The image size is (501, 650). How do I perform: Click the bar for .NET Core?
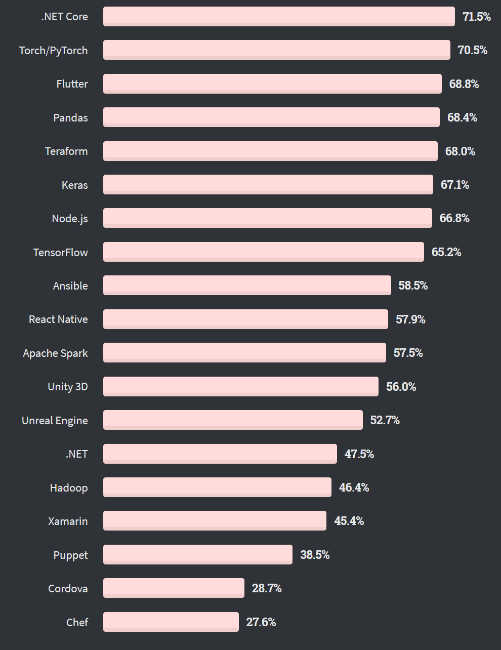point(279,16)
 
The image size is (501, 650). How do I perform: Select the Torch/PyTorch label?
point(54,51)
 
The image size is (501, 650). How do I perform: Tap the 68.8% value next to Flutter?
point(464,84)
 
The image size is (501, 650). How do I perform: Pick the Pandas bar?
point(271,117)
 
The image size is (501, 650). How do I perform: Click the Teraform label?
point(66,151)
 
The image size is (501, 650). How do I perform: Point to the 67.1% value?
point(455,185)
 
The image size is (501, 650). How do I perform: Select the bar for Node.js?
point(268,218)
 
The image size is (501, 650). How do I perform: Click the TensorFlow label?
point(61,252)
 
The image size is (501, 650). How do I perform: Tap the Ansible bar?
point(247,286)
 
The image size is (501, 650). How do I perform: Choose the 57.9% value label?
point(410,319)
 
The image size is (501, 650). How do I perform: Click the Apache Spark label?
point(56,353)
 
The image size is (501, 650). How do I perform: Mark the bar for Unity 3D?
point(241,387)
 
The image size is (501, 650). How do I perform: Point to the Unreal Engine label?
point(55,421)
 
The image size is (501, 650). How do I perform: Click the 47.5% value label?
point(359,454)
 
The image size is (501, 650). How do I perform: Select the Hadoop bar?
point(217,487)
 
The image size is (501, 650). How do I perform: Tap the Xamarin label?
point(68,521)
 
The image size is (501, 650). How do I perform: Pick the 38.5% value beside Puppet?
point(315,555)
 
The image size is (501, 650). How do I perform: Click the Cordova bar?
point(174,588)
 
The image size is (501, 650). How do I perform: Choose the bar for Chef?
point(171,622)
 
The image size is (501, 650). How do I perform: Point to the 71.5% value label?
point(477,17)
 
